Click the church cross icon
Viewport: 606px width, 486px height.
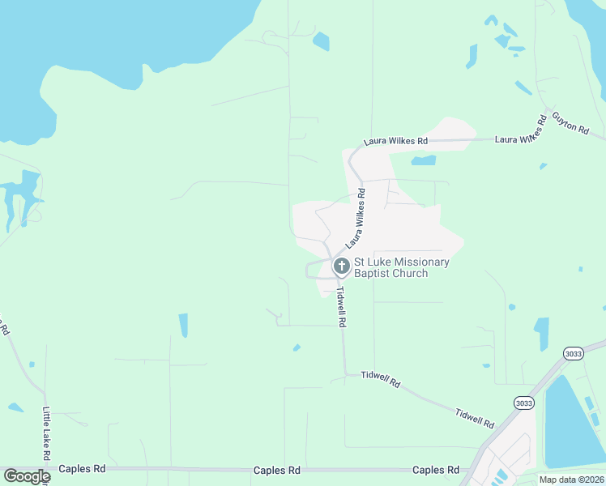pos(341,265)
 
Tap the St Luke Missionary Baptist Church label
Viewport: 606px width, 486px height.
pos(401,267)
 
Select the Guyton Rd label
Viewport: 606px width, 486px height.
pos(570,123)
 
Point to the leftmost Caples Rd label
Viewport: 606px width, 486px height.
pos(87,469)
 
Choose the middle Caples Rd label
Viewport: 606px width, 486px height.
pos(277,470)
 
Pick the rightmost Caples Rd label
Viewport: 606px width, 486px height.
pos(436,470)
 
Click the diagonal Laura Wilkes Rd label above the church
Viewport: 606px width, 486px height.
pos(356,218)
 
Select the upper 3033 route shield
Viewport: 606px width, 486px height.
pos(574,353)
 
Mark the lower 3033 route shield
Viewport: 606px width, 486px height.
pos(523,403)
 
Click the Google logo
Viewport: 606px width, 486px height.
pos(26,476)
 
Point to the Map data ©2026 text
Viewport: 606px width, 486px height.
pos(571,480)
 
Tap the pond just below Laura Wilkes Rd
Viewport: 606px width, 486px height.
pos(423,160)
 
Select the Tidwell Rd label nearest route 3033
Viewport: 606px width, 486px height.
pos(475,417)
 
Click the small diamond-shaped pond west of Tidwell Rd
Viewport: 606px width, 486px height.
pos(297,347)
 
